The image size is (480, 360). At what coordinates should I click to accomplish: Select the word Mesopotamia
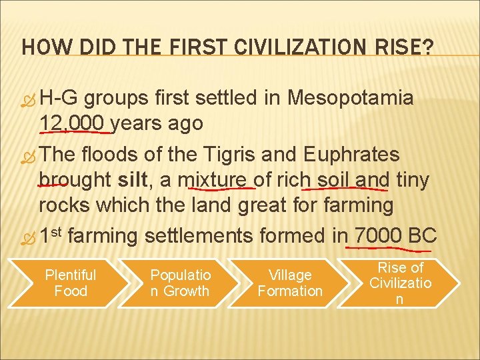click(351, 99)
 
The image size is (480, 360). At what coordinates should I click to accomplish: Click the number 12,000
click(71, 123)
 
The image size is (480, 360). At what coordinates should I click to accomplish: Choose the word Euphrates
click(351, 155)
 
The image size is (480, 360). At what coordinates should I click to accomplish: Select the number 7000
click(378, 235)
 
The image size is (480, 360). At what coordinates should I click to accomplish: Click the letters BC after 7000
click(422, 235)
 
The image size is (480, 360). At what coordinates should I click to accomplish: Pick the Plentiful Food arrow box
click(70, 283)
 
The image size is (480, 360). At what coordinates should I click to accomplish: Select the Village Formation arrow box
click(290, 283)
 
